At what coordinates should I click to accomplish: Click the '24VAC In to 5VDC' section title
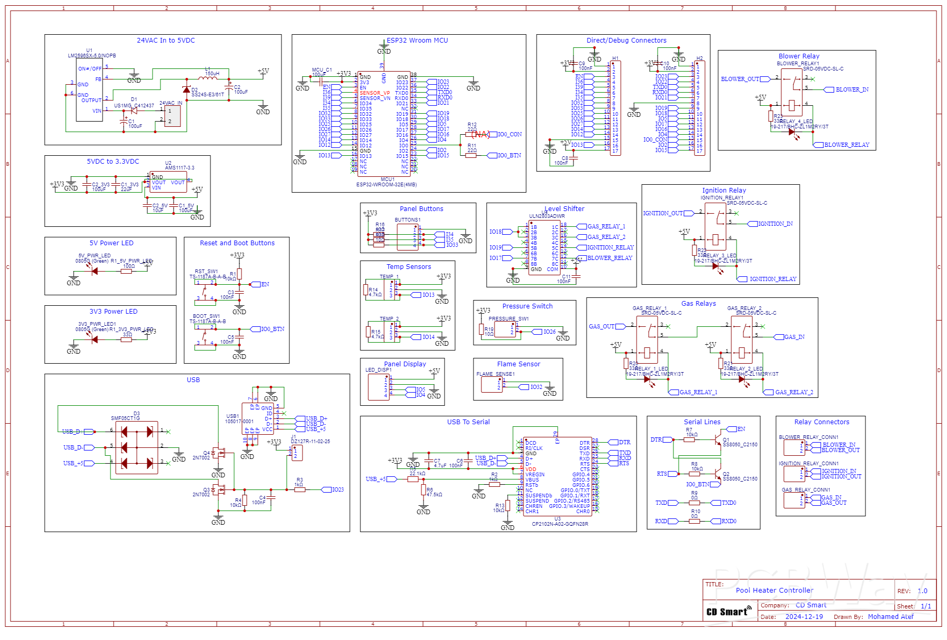coord(166,41)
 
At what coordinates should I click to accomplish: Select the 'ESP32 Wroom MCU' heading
coord(417,41)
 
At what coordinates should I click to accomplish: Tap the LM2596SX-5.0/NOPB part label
coord(92,55)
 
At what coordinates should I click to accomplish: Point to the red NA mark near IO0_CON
coord(481,135)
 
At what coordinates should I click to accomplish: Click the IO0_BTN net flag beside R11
coord(509,156)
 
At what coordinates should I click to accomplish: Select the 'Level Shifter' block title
coord(565,209)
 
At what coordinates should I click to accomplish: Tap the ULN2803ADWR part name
coord(547,216)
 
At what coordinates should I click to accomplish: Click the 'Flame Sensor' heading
coord(518,364)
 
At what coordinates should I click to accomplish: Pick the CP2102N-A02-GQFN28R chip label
coord(560,524)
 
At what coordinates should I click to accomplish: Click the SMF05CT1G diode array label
coord(125,418)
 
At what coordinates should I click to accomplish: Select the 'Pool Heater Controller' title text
coord(774,591)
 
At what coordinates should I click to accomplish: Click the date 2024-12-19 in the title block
coord(804,617)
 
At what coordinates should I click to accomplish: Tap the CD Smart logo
coord(729,612)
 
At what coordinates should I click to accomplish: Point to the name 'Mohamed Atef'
coord(890,617)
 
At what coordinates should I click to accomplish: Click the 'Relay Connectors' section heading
coord(821,422)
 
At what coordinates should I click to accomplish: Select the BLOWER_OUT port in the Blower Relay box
coord(740,79)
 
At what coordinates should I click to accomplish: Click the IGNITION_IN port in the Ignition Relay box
coord(775,224)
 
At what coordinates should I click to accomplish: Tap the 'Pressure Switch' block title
coord(527,306)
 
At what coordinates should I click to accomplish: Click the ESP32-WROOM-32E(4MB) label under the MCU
coord(386,185)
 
